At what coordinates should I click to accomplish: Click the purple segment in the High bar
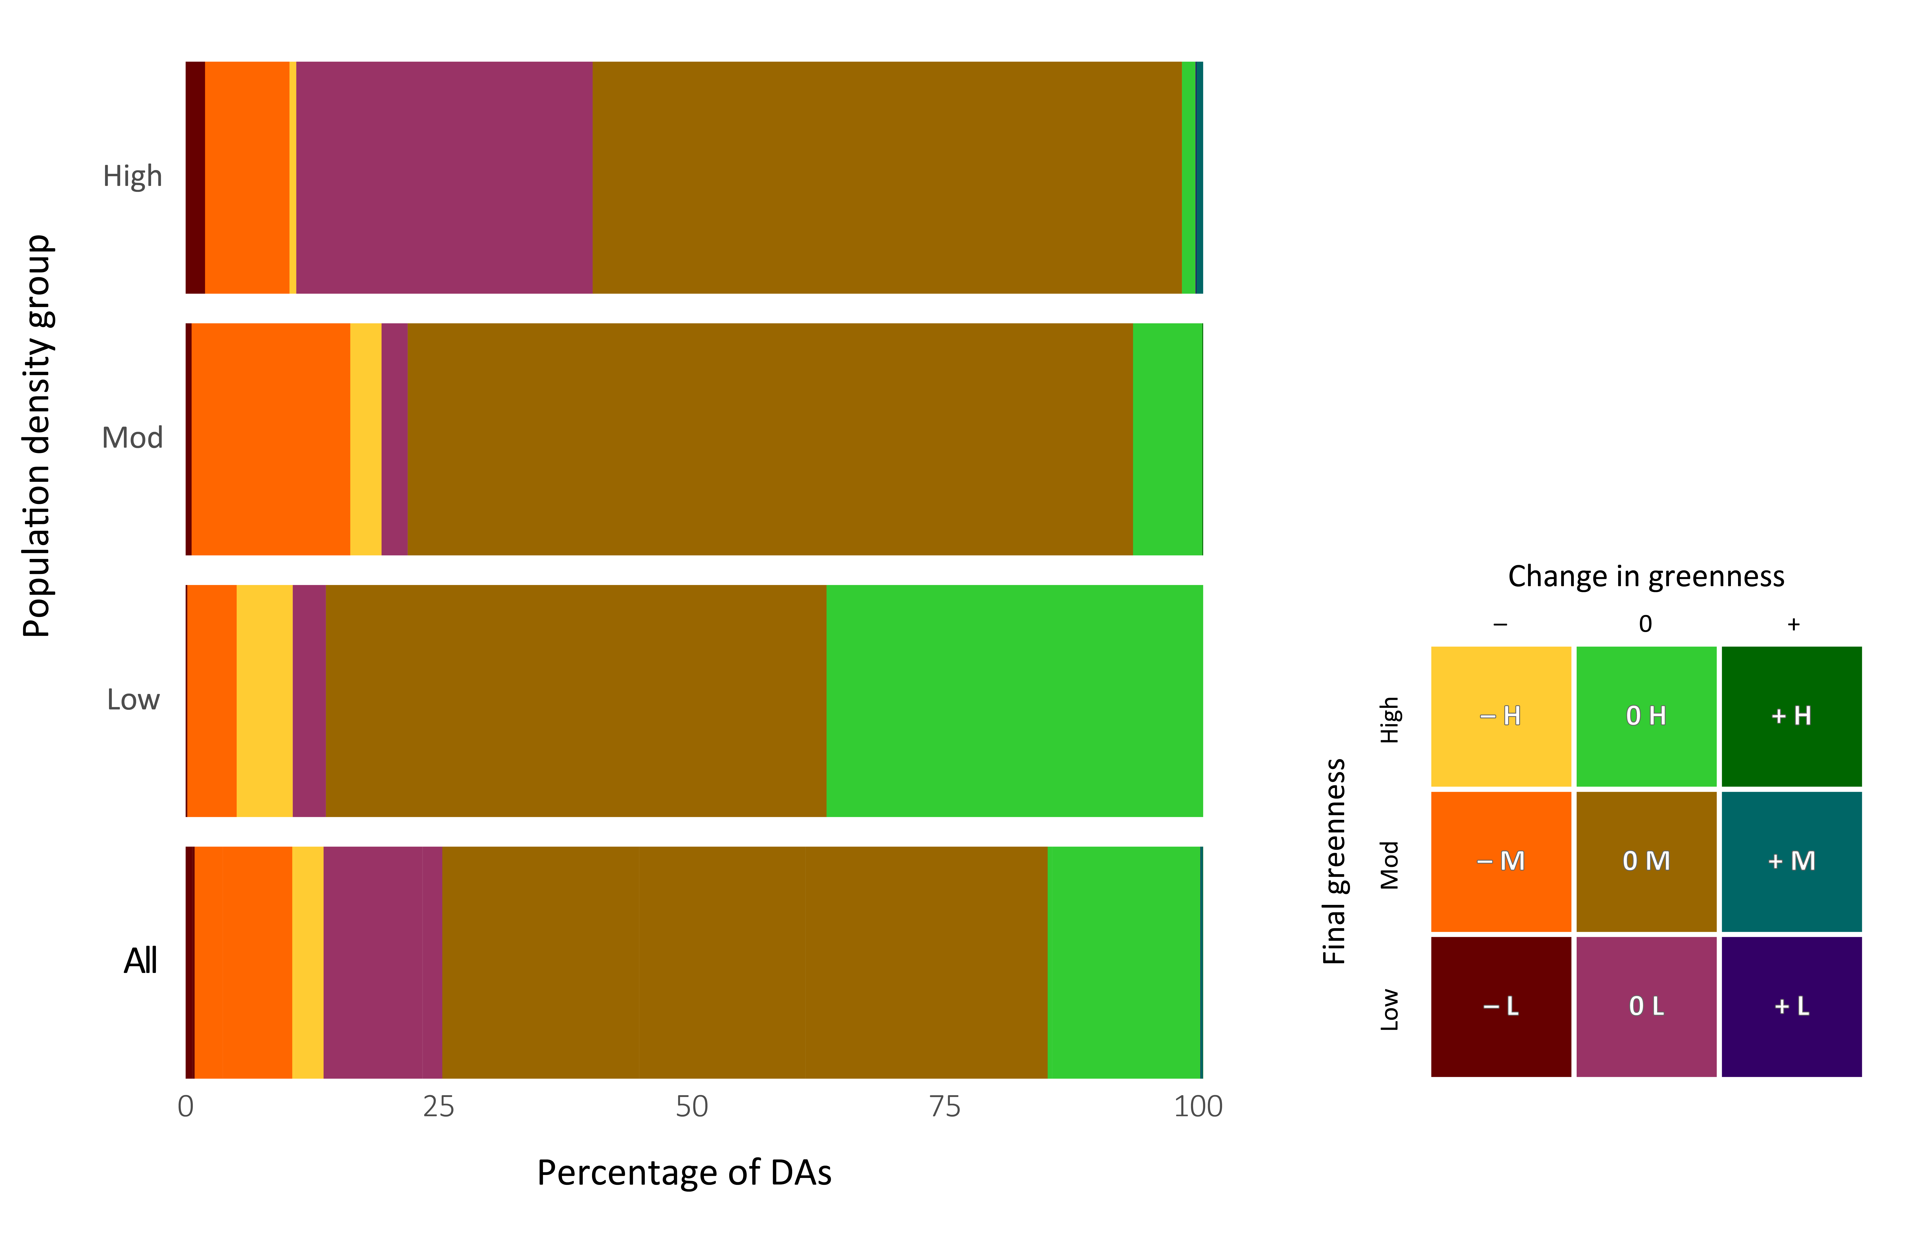[x=444, y=177]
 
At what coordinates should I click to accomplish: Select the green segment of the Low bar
[x=1015, y=701]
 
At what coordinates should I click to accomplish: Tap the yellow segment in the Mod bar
[x=366, y=440]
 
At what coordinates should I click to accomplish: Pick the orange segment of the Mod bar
[x=271, y=440]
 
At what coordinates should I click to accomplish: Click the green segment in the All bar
[x=1124, y=962]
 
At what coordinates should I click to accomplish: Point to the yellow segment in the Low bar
[x=265, y=701]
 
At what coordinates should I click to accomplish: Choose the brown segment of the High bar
[x=887, y=177]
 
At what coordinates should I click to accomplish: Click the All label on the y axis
[x=140, y=961]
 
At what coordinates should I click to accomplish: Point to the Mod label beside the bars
[x=132, y=438]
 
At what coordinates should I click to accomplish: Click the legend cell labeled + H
[x=1791, y=716]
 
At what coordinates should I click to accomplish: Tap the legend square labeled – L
[x=1501, y=1006]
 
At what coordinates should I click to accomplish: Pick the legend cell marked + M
[x=1791, y=861]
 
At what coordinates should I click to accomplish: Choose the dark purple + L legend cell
[x=1791, y=1006]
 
